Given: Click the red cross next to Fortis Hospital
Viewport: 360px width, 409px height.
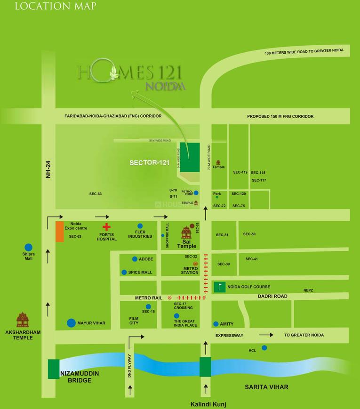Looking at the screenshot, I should point(106,226).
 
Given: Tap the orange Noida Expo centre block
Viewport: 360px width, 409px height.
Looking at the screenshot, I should point(60,231).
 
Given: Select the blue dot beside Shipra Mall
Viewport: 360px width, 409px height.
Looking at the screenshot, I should point(29,247).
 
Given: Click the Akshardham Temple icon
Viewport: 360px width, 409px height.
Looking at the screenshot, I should point(22,320).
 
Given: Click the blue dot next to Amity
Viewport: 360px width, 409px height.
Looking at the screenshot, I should point(216,324).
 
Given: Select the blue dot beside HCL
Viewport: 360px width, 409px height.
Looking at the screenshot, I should point(264,348).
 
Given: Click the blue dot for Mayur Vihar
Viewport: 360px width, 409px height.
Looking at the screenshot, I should point(71,323).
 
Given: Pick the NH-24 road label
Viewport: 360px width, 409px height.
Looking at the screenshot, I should point(48,169).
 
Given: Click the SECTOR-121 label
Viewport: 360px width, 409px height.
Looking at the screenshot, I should point(149,163).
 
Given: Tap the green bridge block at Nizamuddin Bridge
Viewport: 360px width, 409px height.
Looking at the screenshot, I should point(54,369).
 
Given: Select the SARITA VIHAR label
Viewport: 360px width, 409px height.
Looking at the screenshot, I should point(266,387).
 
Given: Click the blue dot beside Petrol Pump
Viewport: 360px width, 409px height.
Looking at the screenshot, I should point(196,192).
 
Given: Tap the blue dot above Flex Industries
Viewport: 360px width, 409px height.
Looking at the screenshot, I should point(140,226).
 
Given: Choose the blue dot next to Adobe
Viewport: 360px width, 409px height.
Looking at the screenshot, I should point(135,259).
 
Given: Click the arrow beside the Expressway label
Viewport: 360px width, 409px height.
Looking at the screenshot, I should point(266,335).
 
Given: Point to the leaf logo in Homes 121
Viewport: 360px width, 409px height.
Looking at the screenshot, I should point(113,72).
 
